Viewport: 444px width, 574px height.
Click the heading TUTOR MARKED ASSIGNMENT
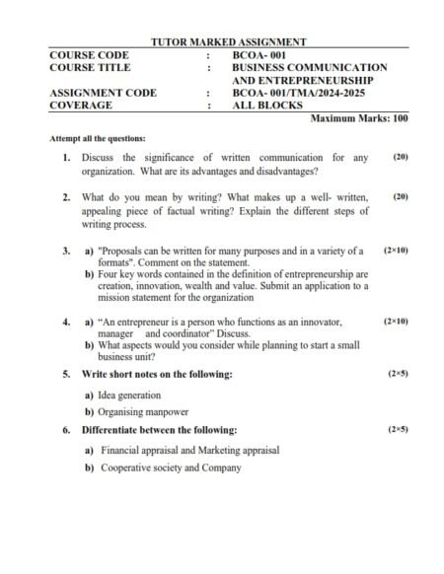pyautogui.click(x=228, y=42)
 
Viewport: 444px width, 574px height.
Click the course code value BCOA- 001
pyautogui.click(x=263, y=55)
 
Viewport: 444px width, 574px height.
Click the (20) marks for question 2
pyautogui.click(x=400, y=197)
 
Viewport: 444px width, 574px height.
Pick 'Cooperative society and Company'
pyautogui.click(x=171, y=467)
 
